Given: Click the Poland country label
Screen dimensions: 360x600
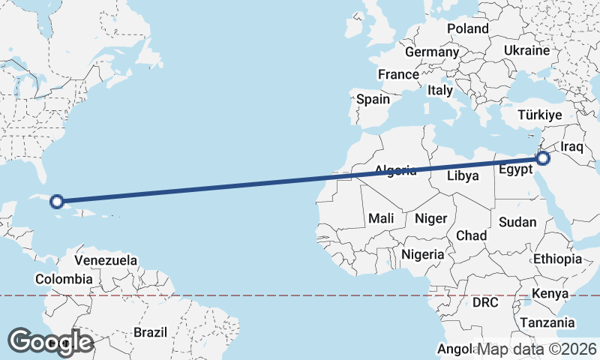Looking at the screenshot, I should (x=467, y=28).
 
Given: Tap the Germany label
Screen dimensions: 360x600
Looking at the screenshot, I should (x=431, y=52).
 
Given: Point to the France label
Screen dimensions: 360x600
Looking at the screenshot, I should (x=398, y=75).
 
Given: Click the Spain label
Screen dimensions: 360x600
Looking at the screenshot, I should (x=373, y=99).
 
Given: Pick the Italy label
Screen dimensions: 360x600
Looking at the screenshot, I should (x=440, y=90).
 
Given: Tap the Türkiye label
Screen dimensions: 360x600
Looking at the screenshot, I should (x=540, y=115).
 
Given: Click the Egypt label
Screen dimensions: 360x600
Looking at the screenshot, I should (x=516, y=169).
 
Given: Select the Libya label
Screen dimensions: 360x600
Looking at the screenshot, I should (x=462, y=176).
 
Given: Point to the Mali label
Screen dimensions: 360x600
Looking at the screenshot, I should (x=381, y=218).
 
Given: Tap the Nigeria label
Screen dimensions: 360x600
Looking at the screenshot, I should (x=424, y=254).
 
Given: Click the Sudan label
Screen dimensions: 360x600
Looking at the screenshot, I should (x=517, y=222).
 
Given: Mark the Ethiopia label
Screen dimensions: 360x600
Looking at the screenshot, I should (x=557, y=259).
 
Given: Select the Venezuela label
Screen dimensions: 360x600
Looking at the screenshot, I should (x=106, y=260).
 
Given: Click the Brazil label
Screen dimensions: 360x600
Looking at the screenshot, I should (x=150, y=331).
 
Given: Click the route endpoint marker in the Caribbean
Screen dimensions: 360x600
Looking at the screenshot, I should (x=56, y=201).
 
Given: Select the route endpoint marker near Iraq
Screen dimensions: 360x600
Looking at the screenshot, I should (x=543, y=158).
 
